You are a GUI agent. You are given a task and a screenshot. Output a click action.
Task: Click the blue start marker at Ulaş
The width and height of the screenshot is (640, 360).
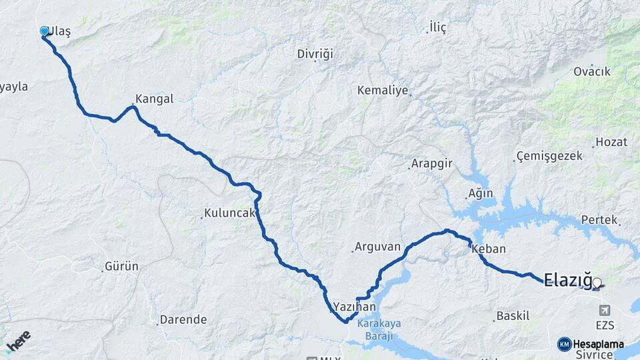tap(45, 31)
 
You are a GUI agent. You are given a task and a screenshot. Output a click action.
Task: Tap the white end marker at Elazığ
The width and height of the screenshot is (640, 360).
tap(597, 283)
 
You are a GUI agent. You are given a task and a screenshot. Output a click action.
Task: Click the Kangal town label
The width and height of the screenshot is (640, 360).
tap(154, 99)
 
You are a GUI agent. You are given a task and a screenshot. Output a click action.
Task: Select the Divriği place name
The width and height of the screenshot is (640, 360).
tap(315, 54)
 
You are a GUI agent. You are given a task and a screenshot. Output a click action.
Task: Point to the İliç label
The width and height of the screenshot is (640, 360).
tap(437, 27)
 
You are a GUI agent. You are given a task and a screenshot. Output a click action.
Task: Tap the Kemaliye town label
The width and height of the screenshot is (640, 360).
tap(382, 90)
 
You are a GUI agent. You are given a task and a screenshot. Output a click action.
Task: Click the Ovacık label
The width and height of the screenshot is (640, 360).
tap(592, 72)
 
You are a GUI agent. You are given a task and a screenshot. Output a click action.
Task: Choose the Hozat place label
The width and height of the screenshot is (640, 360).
tap(611, 141)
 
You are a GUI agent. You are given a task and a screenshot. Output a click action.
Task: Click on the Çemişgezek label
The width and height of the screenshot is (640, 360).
tap(549, 156)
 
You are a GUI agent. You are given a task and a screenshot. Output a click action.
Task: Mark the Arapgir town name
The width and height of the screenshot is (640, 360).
tap(432, 164)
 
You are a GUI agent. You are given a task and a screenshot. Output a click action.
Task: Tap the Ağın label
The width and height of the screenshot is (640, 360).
tap(481, 193)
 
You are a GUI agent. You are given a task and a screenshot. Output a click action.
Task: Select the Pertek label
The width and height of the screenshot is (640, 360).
tap(599, 219)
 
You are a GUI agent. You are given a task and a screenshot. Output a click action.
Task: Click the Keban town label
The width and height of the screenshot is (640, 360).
tap(489, 249)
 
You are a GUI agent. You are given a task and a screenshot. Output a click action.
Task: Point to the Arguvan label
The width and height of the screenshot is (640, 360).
tap(377, 247)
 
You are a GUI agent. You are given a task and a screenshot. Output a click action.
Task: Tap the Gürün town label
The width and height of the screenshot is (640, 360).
tap(121, 267)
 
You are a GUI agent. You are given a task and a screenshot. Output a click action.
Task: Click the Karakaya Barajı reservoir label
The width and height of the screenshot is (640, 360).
tap(379, 329)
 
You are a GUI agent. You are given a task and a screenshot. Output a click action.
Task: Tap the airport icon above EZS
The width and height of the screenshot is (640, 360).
tap(605, 310)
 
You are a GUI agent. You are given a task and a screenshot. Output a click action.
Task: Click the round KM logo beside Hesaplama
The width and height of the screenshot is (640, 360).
tap(564, 344)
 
